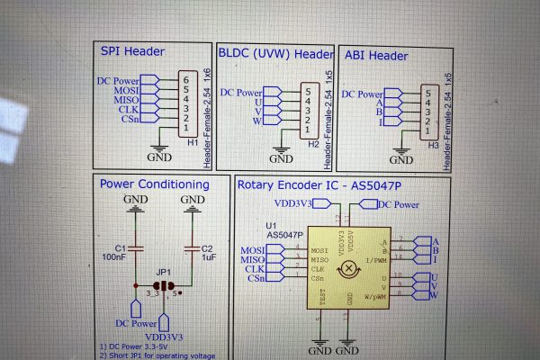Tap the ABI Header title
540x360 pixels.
(x=376, y=56)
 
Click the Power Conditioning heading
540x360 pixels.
(x=155, y=184)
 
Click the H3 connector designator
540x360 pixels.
(x=433, y=144)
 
